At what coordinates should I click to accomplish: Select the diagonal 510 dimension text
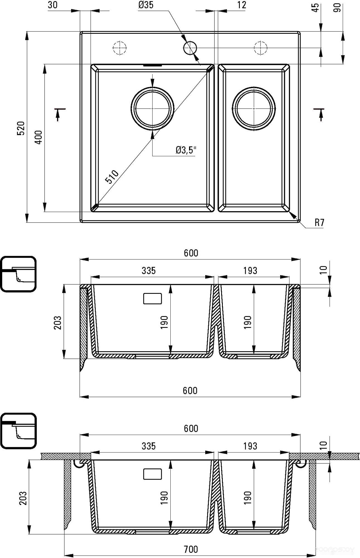coord(112,177)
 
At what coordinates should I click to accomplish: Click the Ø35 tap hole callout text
coord(146,5)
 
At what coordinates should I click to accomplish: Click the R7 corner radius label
coord(320,222)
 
